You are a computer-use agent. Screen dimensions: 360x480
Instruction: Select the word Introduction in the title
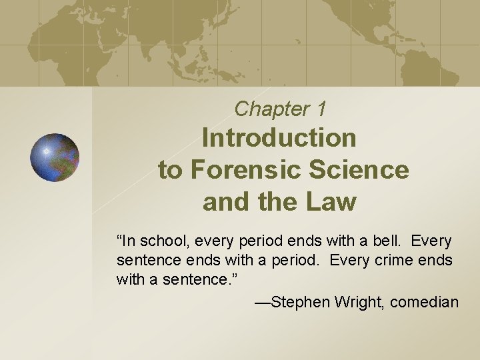[279, 138]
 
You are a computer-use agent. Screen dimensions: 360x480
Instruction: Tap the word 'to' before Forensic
[170, 170]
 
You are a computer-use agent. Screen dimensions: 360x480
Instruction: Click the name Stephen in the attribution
[296, 302]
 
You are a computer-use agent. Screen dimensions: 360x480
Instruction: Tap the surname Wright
[354, 302]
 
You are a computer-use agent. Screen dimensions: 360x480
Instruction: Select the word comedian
[425, 302]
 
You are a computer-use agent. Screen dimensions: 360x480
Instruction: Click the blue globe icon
[55, 157]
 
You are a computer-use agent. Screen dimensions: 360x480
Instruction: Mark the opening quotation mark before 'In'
[119, 237]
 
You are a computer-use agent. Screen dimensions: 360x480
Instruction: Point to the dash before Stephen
[262, 303]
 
